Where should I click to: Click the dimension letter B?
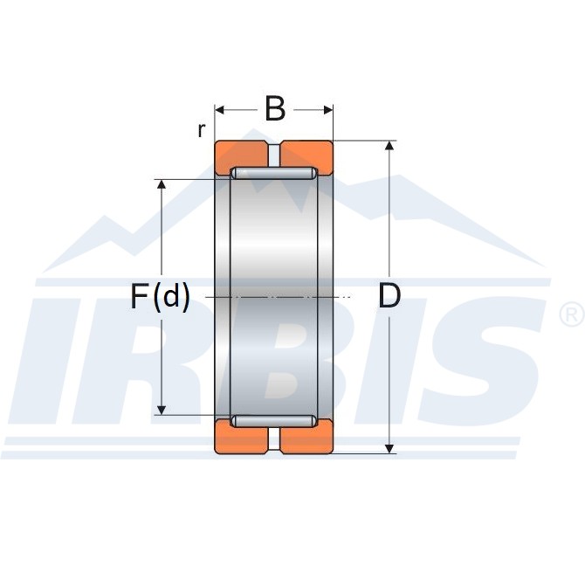point(275,109)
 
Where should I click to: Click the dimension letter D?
point(389,296)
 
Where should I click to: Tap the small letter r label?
point(202,130)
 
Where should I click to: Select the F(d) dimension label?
point(160,296)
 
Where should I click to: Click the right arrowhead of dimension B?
point(328,110)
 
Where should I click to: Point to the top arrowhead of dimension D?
point(389,146)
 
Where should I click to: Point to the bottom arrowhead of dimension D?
point(389,448)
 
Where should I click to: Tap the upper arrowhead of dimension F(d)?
point(162,184)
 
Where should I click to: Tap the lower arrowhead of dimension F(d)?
point(162,411)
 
